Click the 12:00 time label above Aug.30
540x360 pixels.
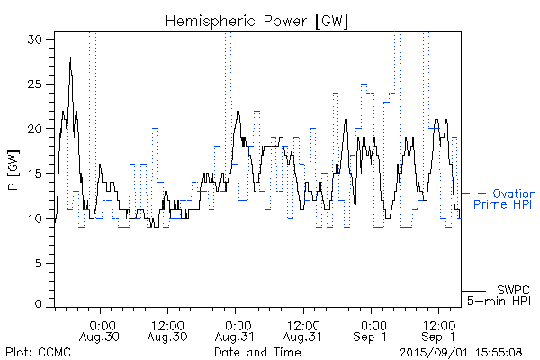pyautogui.click(x=168, y=324)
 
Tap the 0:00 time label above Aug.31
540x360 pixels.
pyautogui.click(x=237, y=324)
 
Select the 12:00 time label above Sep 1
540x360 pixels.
pyautogui.click(x=438, y=324)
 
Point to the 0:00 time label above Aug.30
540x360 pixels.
pyautogui.click(x=102, y=324)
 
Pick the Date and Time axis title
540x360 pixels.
pyautogui.click(x=257, y=352)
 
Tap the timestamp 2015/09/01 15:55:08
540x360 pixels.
pyautogui.click(x=462, y=352)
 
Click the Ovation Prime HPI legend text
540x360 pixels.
pyautogui.click(x=505, y=199)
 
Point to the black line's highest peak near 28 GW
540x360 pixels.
pyautogui.click(x=70, y=58)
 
